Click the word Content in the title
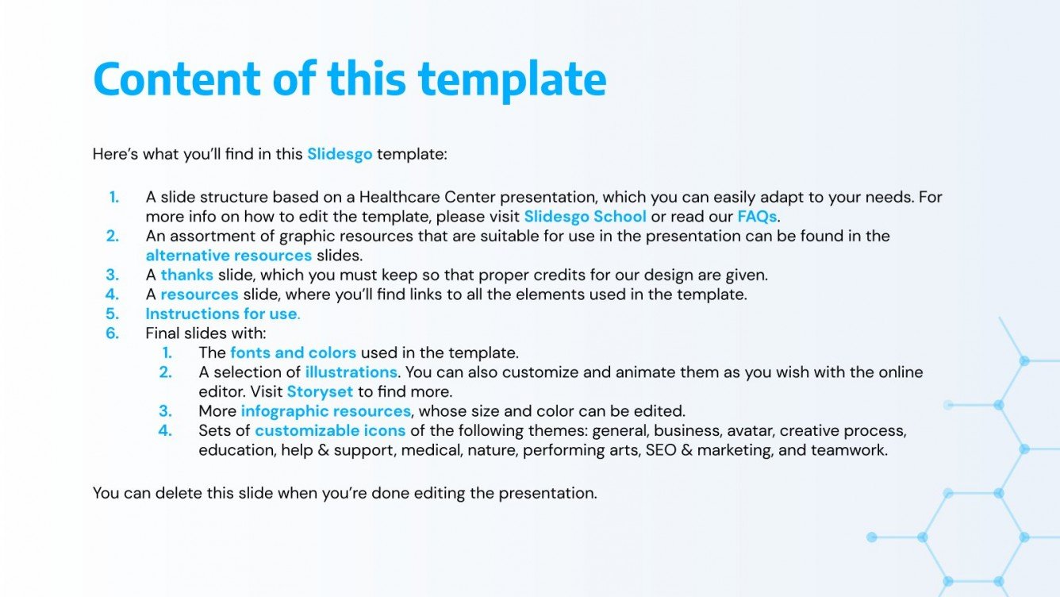[176, 78]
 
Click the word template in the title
[512, 79]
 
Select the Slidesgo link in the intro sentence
[340, 154]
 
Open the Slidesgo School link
[585, 216]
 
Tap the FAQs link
[757, 216]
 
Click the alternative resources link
[229, 256]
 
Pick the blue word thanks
[186, 275]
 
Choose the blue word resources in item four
[199, 295]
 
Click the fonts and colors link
[293, 352]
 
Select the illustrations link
[351, 372]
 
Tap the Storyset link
[320, 391]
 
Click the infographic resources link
[325, 411]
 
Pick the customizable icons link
[330, 430]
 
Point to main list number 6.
[113, 333]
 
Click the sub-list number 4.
[165, 430]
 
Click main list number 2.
[113, 236]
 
